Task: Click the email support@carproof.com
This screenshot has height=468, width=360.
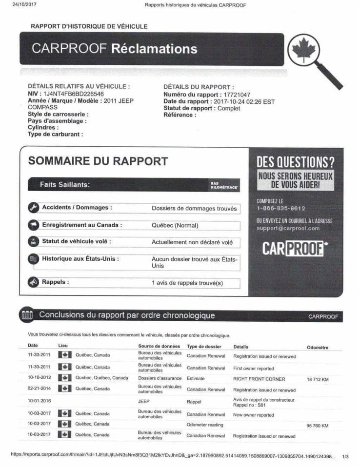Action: [288, 228]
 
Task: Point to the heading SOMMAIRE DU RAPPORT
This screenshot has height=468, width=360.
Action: [98, 161]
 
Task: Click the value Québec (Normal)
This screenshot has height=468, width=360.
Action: [176, 226]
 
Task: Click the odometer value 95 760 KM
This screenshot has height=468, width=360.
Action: [317, 426]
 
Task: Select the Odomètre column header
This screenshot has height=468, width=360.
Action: [317, 348]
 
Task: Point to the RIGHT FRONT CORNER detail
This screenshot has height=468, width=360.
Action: [259, 378]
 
